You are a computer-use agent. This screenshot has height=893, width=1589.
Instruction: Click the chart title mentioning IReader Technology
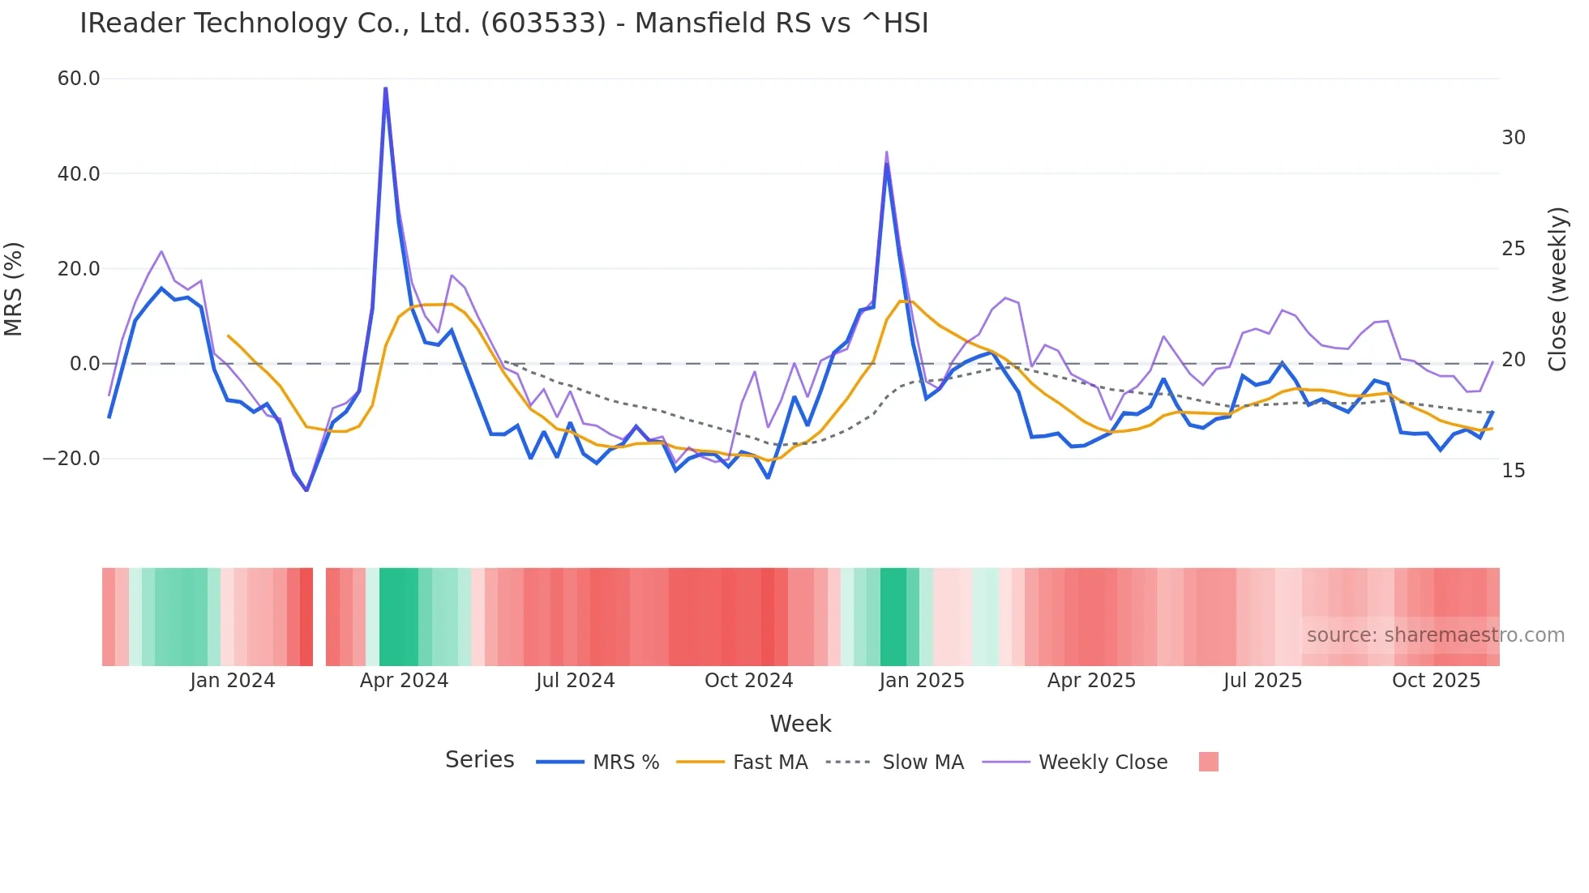coord(503,23)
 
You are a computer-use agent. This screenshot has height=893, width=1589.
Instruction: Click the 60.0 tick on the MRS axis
coord(79,79)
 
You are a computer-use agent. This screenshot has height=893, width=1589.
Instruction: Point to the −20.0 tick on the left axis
coord(71,459)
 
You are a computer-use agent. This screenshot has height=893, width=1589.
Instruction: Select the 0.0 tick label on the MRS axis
coord(84,364)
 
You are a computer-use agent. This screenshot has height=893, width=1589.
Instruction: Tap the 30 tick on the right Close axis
coord(1513,138)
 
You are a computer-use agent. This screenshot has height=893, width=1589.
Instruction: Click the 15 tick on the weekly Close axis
coord(1513,471)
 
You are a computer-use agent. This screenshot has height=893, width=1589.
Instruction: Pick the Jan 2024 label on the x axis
coord(233,681)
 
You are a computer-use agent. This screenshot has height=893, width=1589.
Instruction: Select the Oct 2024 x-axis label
coord(748,681)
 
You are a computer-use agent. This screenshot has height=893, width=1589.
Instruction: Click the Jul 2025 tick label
coord(1262,681)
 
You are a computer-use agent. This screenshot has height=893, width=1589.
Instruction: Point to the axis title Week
coord(800,724)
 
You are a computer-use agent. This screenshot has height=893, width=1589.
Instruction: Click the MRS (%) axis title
coord(14,288)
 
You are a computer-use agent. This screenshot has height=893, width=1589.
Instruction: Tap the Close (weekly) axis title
coord(1557,288)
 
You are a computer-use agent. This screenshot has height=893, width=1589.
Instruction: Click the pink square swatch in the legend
coord(1208,762)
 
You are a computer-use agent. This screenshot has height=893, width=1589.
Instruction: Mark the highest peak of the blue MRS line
coord(385,88)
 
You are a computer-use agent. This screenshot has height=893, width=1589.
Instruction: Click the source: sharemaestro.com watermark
coord(1435,635)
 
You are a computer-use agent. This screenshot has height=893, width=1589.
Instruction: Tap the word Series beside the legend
coord(479,760)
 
